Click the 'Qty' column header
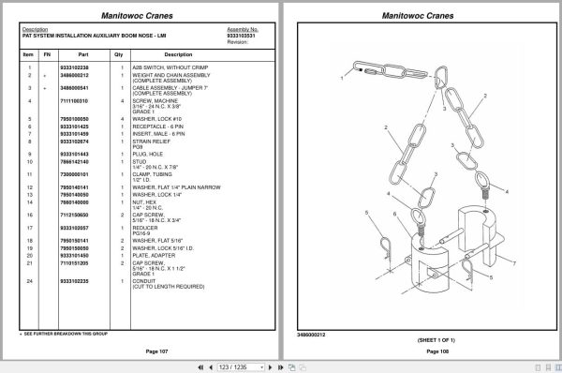119,54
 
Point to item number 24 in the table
30,280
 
